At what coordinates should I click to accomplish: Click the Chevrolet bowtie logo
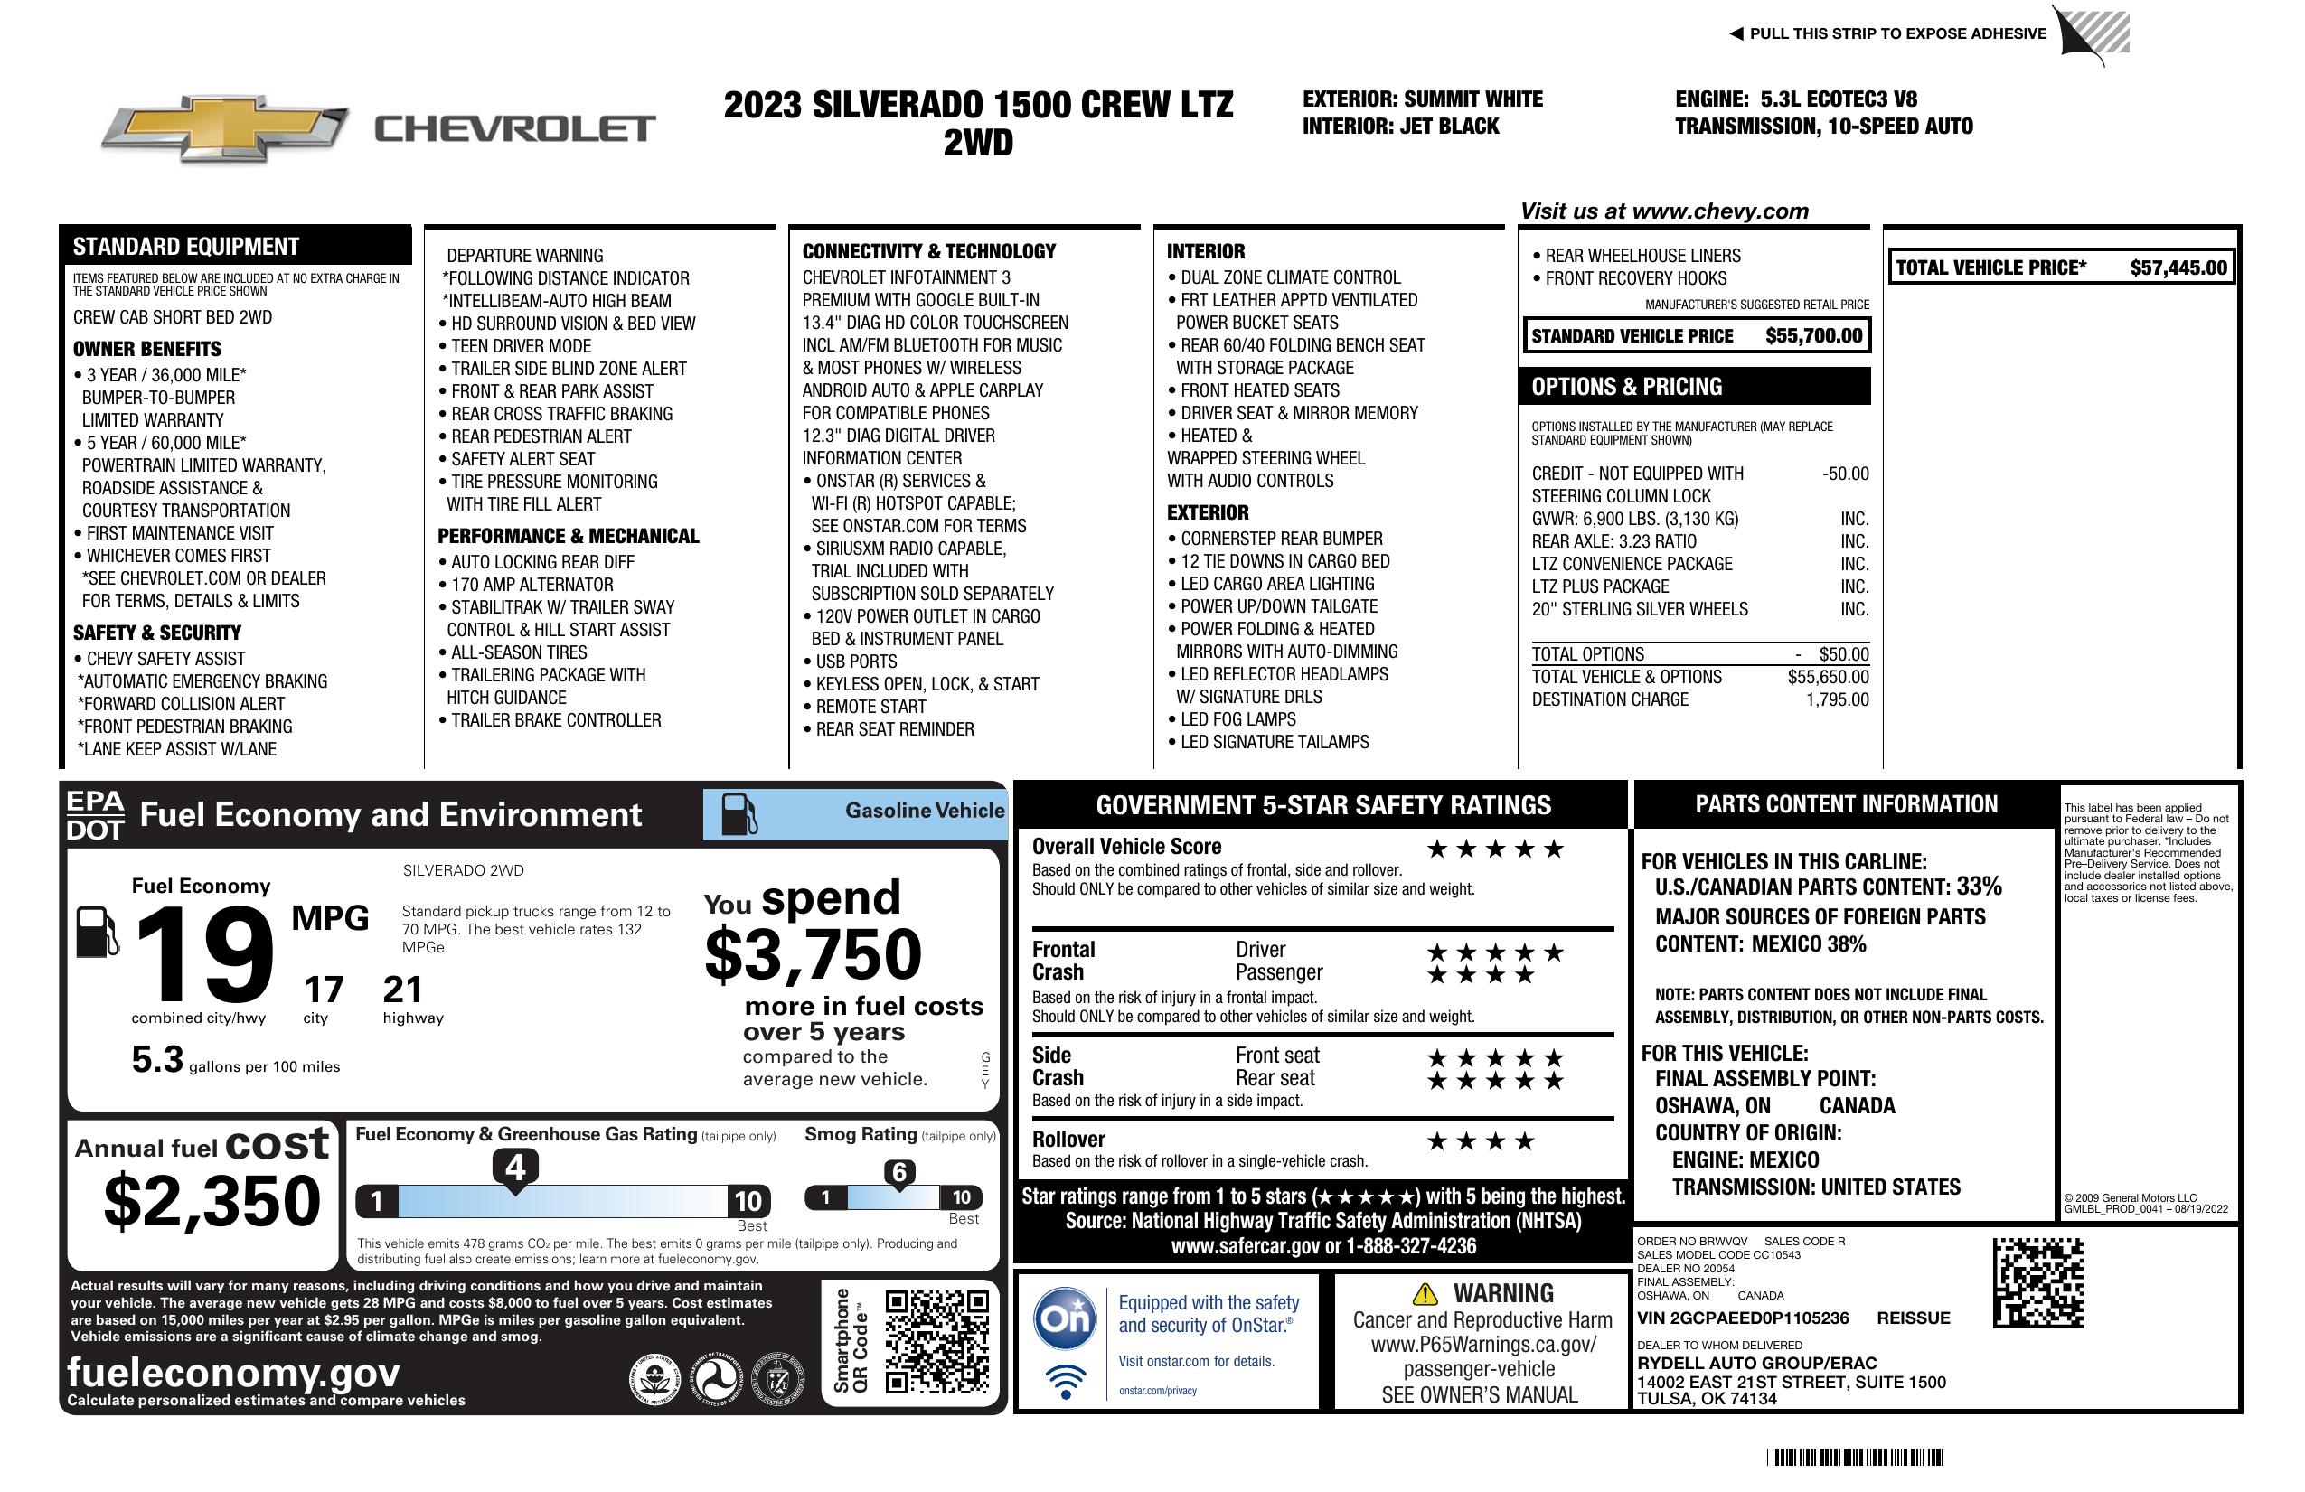coord(225,127)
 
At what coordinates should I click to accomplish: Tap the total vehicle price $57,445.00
coord(2178,268)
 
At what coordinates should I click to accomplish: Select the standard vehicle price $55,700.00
coord(1813,336)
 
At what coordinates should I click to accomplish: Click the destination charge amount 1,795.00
coord(1836,699)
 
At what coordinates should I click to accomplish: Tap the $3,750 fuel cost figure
coord(813,954)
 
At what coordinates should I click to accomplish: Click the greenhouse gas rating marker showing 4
coord(515,1168)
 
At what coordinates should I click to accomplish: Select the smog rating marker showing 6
coord(898,1172)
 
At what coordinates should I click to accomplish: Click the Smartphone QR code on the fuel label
coord(936,1341)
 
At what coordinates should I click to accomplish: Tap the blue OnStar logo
coord(1065,1318)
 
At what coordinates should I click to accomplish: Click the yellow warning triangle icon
coord(1425,1293)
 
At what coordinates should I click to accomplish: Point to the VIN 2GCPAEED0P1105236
coord(1743,1318)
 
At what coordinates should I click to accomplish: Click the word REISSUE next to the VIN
coord(1913,1318)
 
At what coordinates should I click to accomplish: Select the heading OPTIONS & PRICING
coord(1627,386)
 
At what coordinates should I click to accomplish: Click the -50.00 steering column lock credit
coord(1845,474)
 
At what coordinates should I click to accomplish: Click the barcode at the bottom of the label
coord(1854,1457)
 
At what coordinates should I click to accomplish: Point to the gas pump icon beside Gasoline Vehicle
coord(739,814)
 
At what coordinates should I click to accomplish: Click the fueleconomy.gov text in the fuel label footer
coord(233,1372)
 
